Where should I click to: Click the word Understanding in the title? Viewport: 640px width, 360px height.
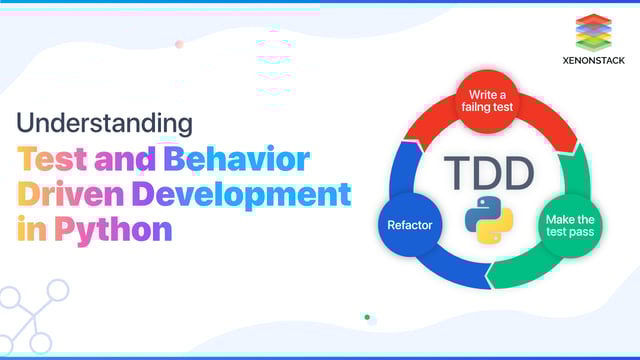104,123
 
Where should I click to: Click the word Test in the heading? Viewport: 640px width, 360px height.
52,158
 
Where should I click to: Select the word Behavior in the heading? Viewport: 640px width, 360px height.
238,158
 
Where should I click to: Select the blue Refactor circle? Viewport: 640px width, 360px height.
410,225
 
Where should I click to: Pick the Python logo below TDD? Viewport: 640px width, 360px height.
489,220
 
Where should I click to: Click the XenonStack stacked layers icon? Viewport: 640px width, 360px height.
594,32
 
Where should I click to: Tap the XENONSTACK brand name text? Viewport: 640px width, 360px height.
594,60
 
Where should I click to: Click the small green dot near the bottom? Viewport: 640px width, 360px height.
367,317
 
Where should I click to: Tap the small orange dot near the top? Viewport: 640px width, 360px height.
179,44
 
